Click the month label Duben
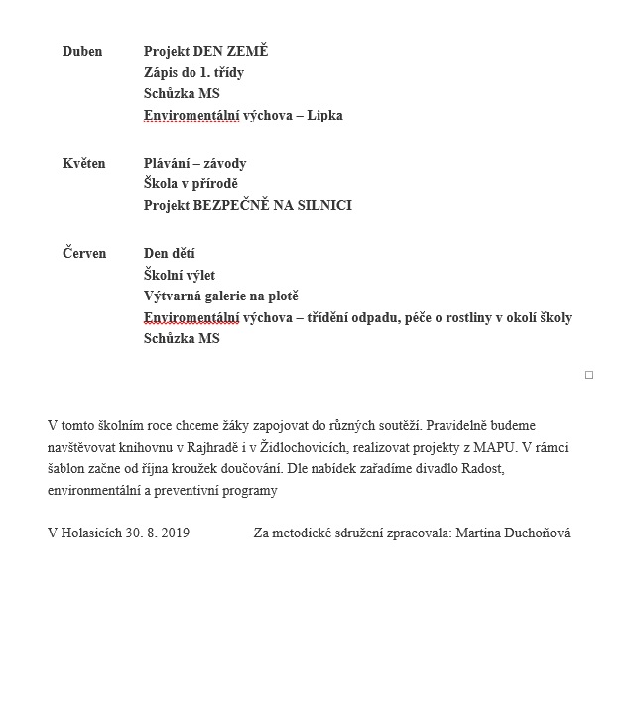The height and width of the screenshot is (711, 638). [82, 51]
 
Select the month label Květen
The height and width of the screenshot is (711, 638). [84, 163]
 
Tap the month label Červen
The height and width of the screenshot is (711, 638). [84, 253]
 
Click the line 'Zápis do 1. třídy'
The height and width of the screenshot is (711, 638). [193, 72]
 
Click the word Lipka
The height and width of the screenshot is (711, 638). [324, 115]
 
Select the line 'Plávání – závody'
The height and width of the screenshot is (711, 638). [194, 163]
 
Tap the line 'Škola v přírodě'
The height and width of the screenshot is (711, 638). [191, 183]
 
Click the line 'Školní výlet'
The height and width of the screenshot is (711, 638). [180, 275]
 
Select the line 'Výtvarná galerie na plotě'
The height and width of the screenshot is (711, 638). [220, 296]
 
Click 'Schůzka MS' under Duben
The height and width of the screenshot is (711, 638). [182, 93]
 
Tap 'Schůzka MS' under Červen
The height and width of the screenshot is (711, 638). [182, 338]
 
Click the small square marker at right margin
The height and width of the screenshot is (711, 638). [589, 375]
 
